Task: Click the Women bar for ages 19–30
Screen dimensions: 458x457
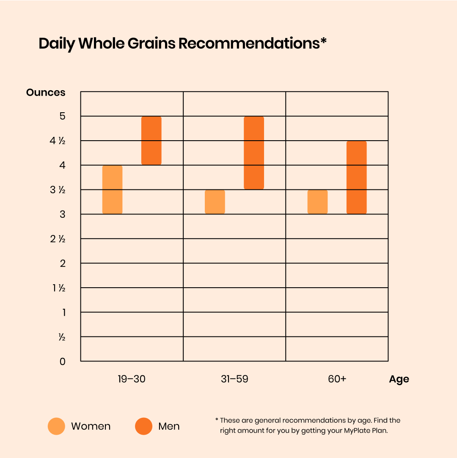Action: coord(112,189)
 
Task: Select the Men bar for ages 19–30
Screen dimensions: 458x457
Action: coord(151,141)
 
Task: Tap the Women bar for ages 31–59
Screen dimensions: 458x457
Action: coord(215,202)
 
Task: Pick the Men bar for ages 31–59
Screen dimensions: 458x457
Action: coord(254,153)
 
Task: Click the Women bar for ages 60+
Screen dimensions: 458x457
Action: coord(317,202)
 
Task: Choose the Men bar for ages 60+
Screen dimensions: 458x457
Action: coord(356,178)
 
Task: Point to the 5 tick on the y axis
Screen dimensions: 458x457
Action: coord(62,116)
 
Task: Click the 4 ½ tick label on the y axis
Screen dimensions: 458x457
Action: coord(58,141)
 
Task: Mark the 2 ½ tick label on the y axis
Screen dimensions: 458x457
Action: coord(58,239)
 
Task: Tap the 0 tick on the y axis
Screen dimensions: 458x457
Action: coord(62,361)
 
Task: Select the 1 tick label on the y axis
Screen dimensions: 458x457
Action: coord(63,313)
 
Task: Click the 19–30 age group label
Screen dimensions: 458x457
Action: coord(132,379)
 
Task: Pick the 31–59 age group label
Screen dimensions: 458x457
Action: coord(234,379)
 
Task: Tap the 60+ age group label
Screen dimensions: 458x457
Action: coord(337,379)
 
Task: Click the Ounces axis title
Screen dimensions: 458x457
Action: coord(46,92)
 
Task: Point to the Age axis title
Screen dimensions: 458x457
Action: coord(399,379)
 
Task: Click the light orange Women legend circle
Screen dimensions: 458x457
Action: coord(57,426)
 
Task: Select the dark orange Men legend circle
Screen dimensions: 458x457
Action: coord(144,426)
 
